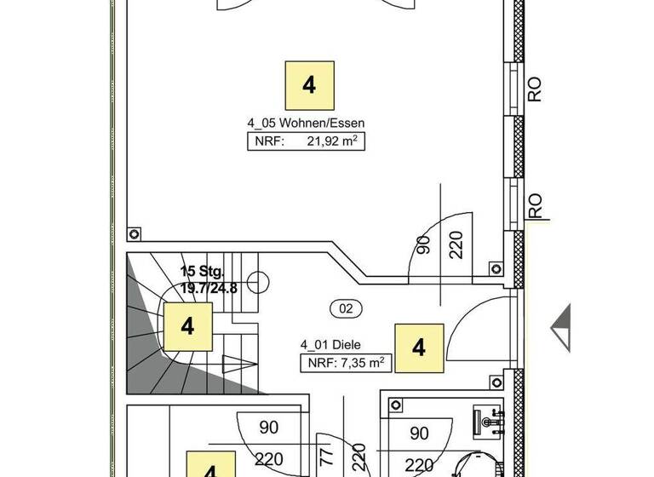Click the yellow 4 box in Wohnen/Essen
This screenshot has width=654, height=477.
click(x=308, y=85)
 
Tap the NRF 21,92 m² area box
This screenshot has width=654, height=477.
click(x=307, y=142)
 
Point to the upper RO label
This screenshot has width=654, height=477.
click(x=535, y=89)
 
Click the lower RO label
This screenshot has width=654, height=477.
click(x=535, y=206)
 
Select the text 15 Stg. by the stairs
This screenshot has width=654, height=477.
click(x=202, y=272)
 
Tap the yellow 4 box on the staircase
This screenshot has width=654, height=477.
click(x=187, y=326)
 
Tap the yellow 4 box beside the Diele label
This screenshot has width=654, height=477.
click(x=418, y=348)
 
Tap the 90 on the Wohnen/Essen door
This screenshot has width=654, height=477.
click(x=423, y=244)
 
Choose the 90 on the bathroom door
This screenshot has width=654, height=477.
click(x=419, y=434)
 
